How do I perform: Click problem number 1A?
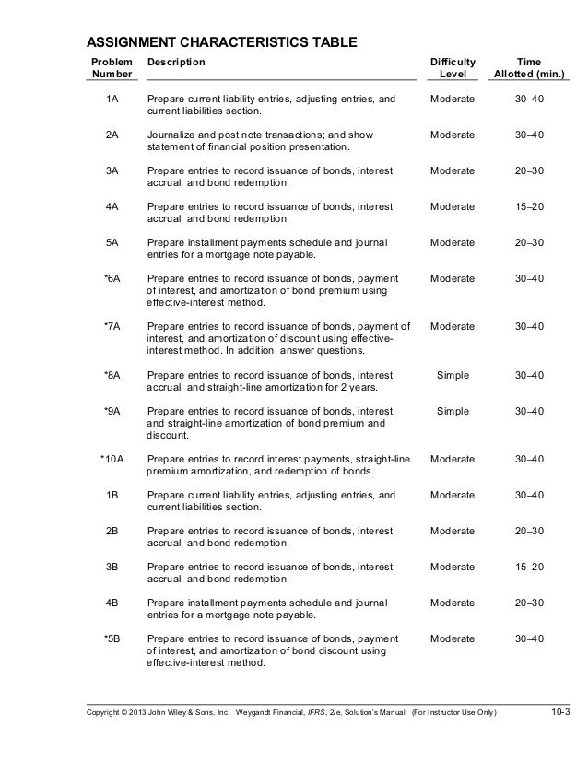pyautogui.click(x=112, y=99)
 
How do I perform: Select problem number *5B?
pyautogui.click(x=112, y=638)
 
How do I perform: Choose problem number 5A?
pyautogui.click(x=112, y=242)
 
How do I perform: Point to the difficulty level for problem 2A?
pyautogui.click(x=453, y=135)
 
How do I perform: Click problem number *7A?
pyautogui.click(x=112, y=326)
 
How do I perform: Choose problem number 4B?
pyautogui.click(x=112, y=603)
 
